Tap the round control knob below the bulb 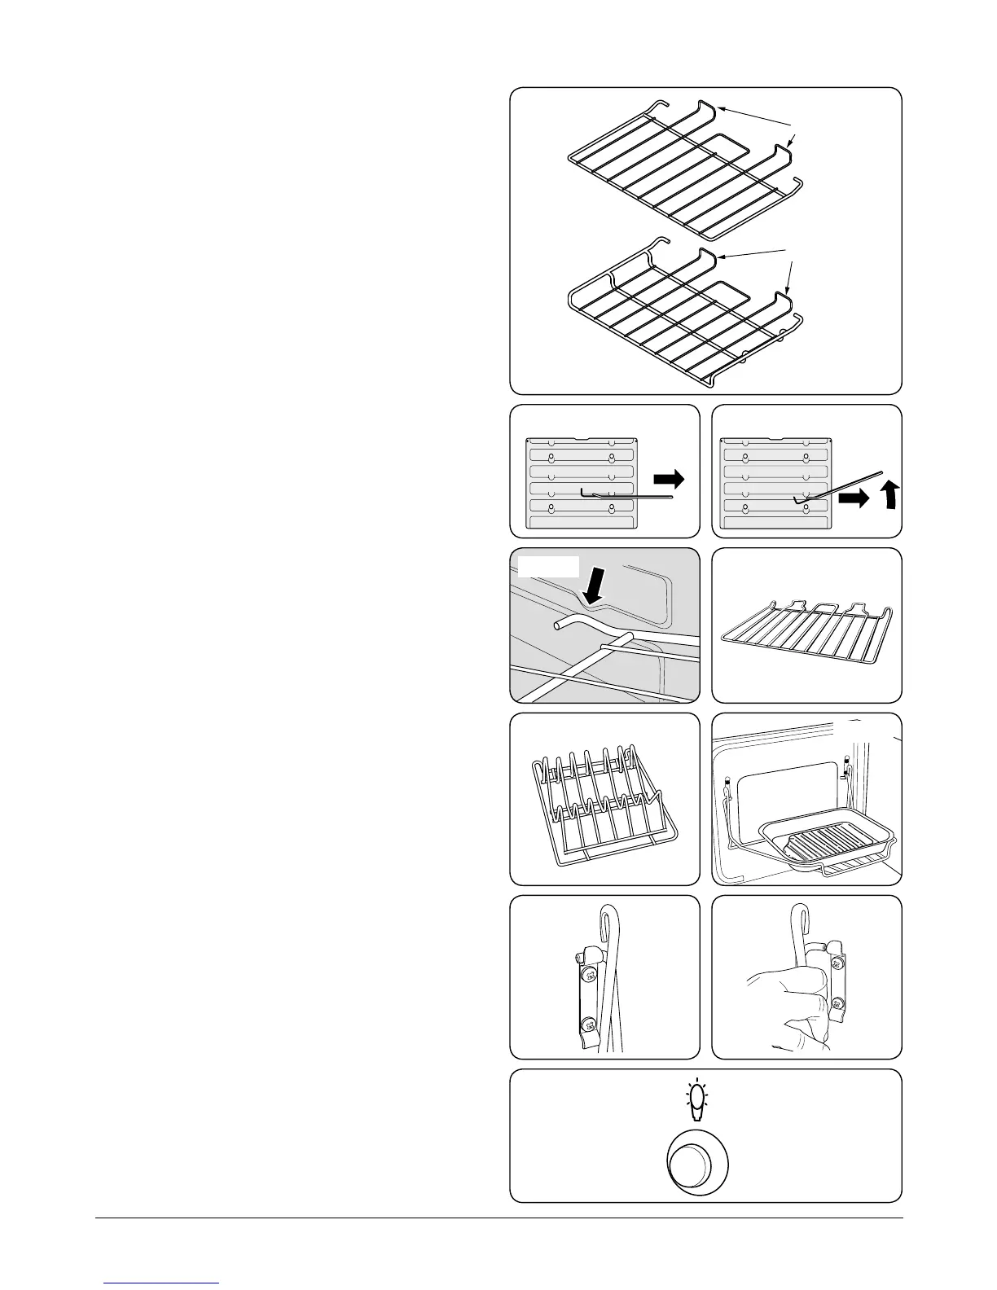697,1165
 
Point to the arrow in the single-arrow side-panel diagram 670,480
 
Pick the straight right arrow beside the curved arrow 854,499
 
